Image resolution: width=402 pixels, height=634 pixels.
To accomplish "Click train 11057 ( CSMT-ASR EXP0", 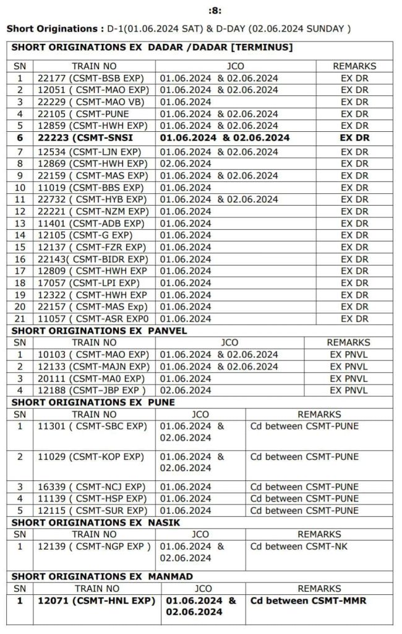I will click(93, 319).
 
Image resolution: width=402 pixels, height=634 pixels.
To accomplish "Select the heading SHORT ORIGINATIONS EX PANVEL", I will click(99, 331).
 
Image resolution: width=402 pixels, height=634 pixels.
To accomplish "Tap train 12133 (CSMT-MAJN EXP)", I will click(93, 367).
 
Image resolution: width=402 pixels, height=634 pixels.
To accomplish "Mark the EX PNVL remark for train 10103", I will click(348, 355).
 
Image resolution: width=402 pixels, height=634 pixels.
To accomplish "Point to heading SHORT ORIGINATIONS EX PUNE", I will click(93, 402).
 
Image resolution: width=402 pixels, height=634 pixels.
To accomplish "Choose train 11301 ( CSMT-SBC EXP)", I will click(92, 427).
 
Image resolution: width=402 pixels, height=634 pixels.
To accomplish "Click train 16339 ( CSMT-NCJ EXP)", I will click(92, 487).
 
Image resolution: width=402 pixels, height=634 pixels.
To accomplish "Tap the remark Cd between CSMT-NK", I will click(295, 547).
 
